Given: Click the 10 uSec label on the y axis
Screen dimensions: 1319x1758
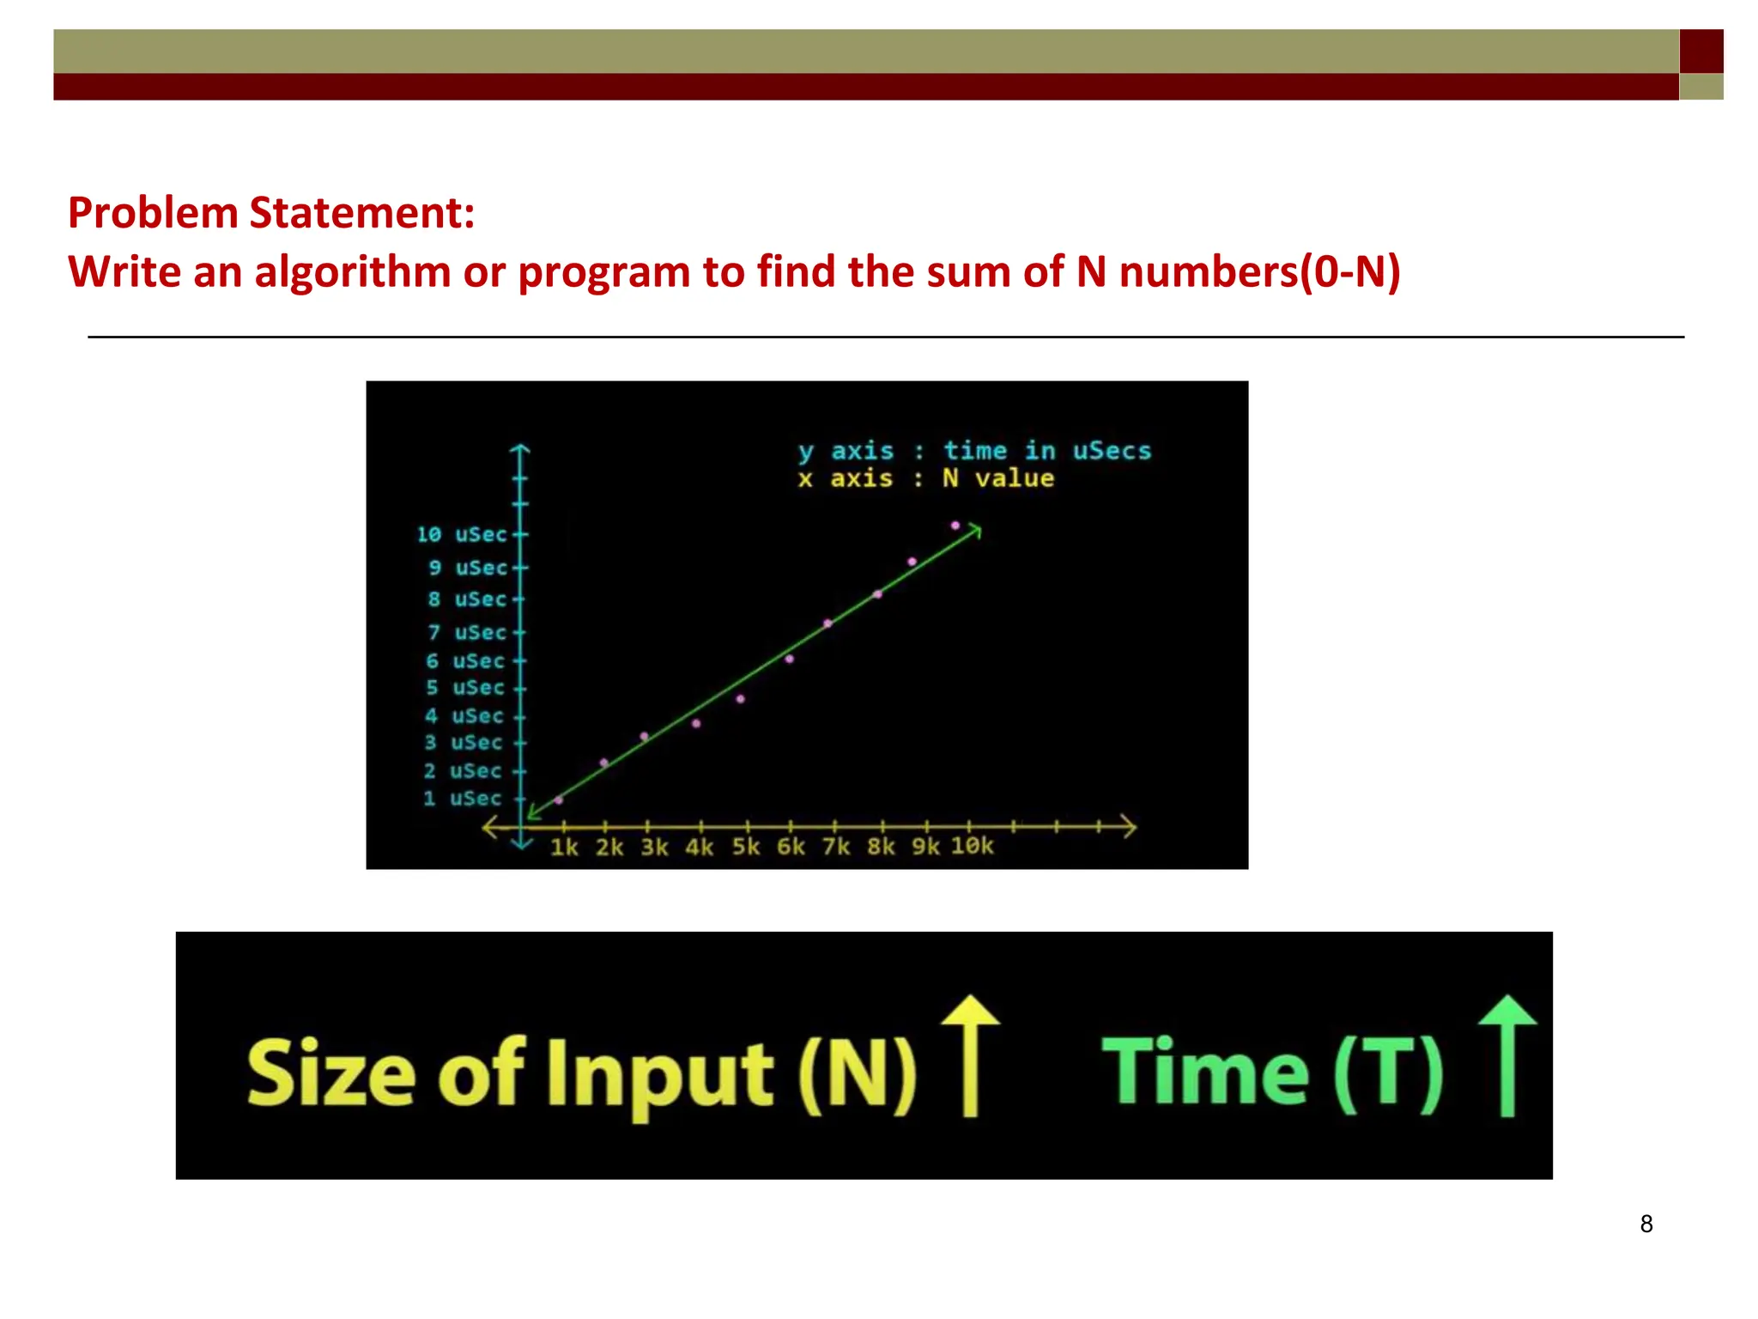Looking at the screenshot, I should point(462,535).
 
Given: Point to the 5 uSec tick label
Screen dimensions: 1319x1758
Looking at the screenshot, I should point(464,688).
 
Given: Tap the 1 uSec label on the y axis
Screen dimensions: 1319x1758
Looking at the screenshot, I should point(462,799).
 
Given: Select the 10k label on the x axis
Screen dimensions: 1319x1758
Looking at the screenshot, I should point(972,847).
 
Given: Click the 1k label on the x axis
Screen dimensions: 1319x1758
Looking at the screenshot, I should point(564,848).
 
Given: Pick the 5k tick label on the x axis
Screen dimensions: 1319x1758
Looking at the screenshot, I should point(745,848).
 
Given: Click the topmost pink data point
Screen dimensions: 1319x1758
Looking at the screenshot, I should point(955,526).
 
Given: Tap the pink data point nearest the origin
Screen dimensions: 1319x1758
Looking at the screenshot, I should point(559,800).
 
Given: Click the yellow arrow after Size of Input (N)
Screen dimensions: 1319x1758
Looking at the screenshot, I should point(971,1056).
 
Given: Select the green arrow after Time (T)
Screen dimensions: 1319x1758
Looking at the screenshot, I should point(1507,1056).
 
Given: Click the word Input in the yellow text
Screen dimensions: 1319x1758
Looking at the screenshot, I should point(659,1075).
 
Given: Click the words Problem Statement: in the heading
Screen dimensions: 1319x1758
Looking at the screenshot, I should point(271,213).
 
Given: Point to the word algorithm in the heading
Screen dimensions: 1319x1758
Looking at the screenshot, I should point(353,272).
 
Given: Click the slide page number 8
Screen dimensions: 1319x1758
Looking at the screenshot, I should point(1646,1224).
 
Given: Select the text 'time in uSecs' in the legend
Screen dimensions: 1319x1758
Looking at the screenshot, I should point(1047,451).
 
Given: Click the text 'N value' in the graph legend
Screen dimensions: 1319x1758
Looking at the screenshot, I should point(998,478).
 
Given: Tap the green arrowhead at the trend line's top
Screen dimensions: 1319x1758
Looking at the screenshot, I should point(975,531).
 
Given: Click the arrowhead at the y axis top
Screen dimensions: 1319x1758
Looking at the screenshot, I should point(520,449).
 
